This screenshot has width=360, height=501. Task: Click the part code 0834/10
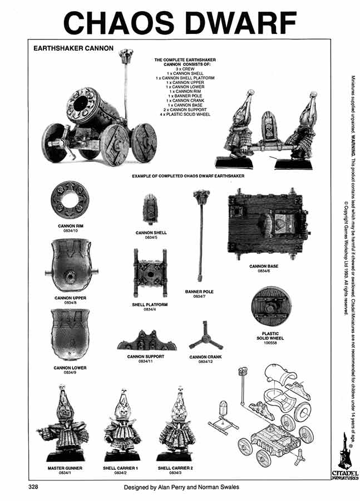(x=70, y=231)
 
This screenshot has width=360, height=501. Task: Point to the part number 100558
(x=270, y=343)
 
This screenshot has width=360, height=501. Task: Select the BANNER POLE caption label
(x=199, y=292)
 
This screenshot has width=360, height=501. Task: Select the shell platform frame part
(x=150, y=273)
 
